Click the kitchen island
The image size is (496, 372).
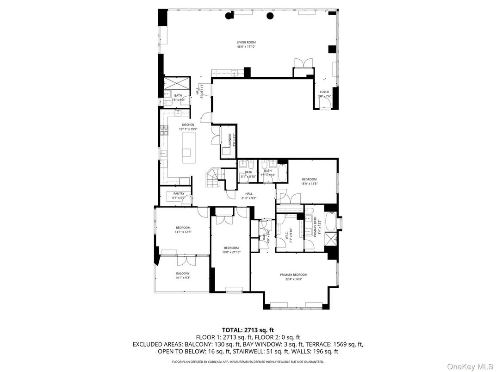coord(188,147)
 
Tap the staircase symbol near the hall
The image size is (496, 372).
coord(213,178)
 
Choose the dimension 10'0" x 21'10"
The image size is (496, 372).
coord(231,253)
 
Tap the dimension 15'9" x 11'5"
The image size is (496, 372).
coord(309,184)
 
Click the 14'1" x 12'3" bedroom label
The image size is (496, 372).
coord(183,229)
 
